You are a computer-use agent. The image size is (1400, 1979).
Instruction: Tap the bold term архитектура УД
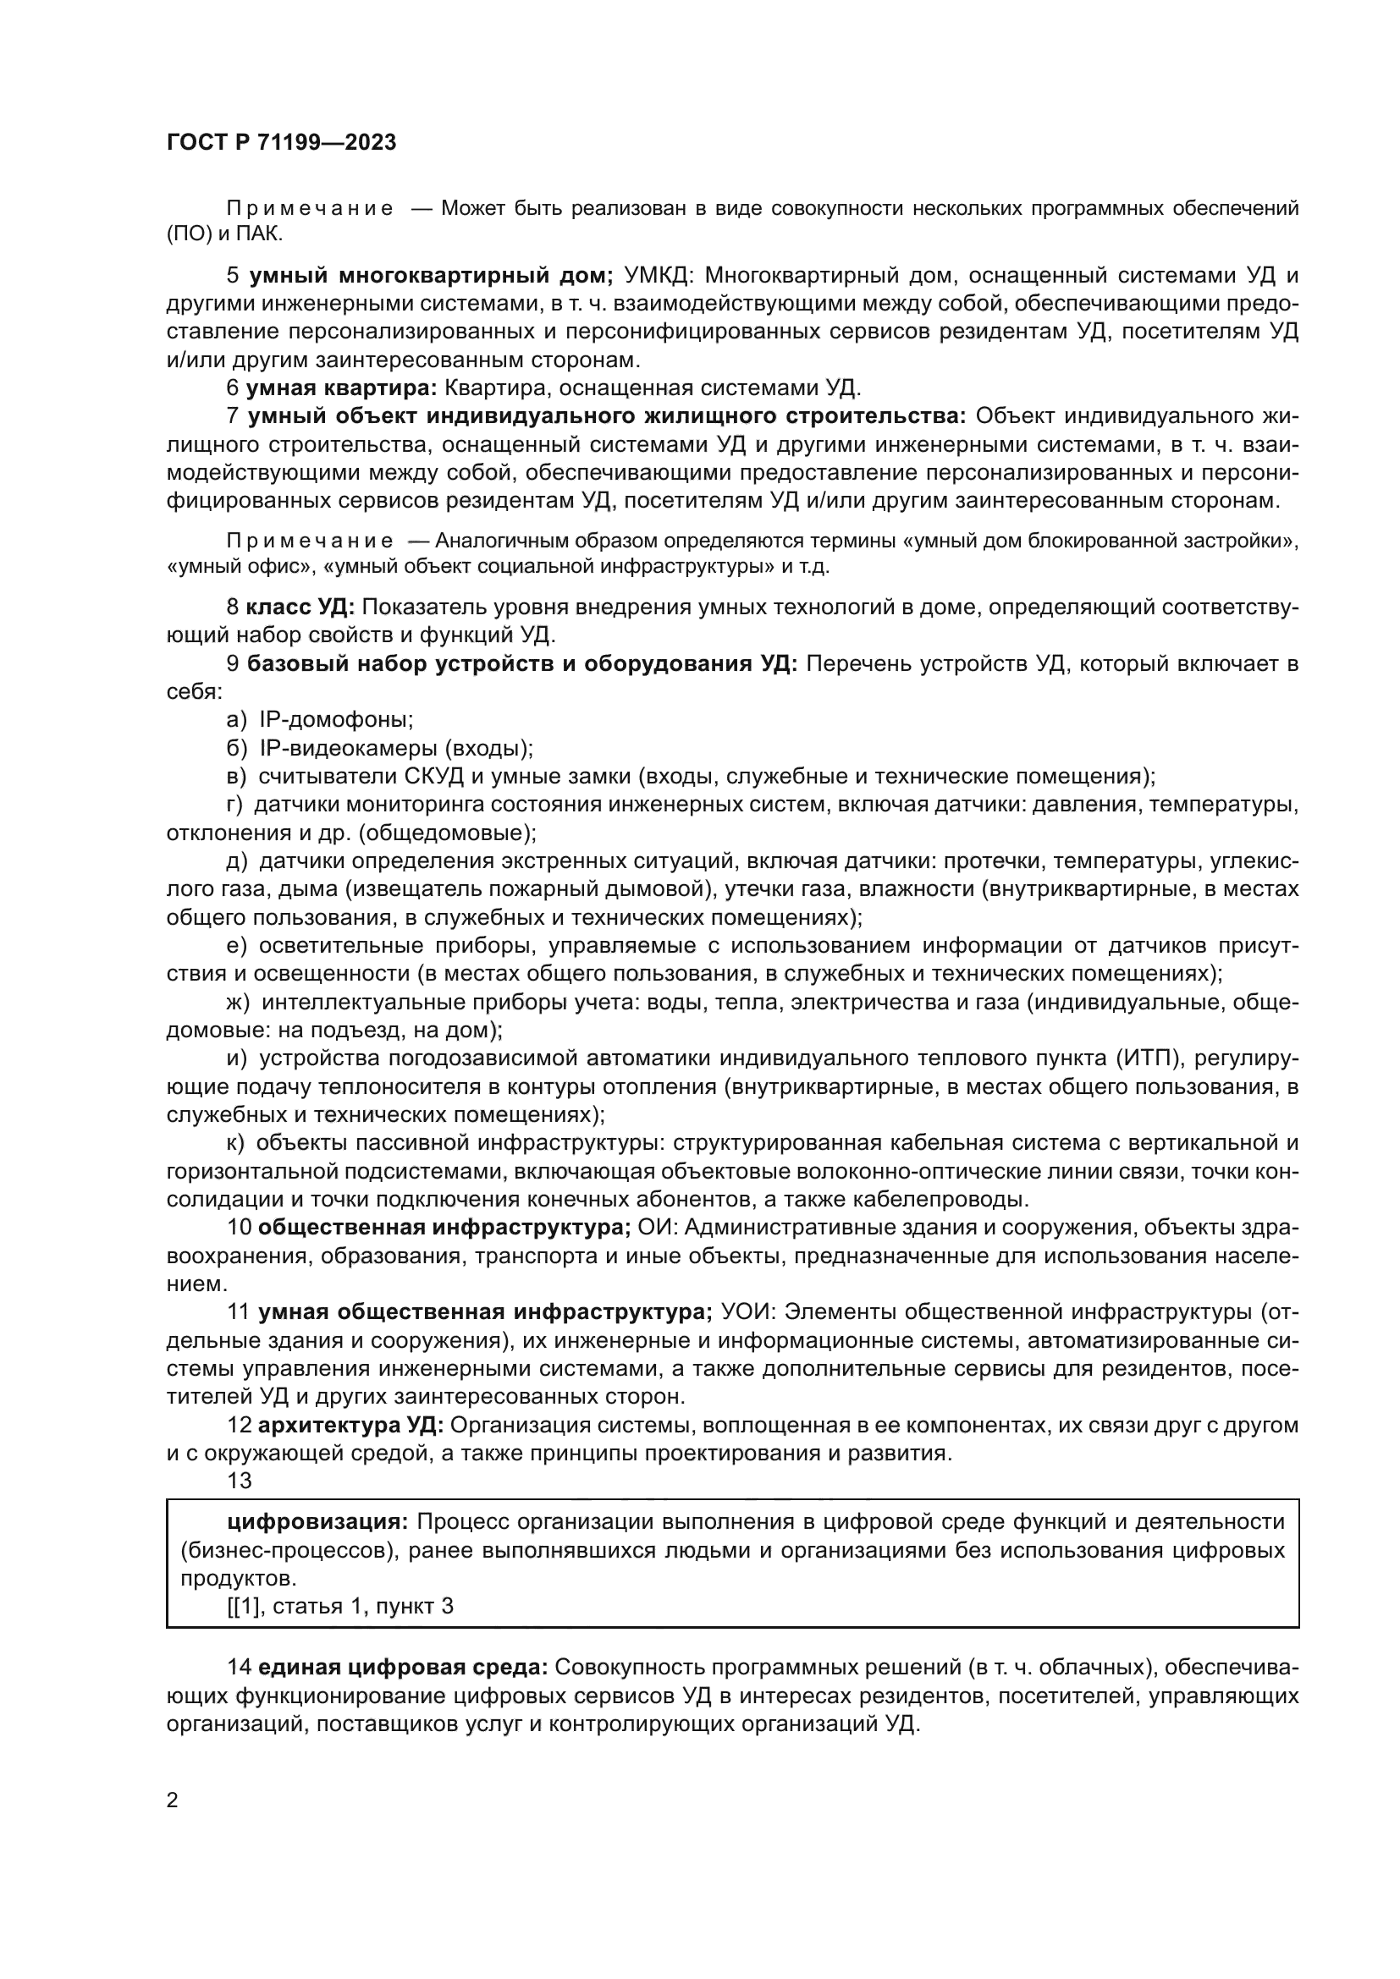351,1425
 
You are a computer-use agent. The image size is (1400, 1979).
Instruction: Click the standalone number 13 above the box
239,1481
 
